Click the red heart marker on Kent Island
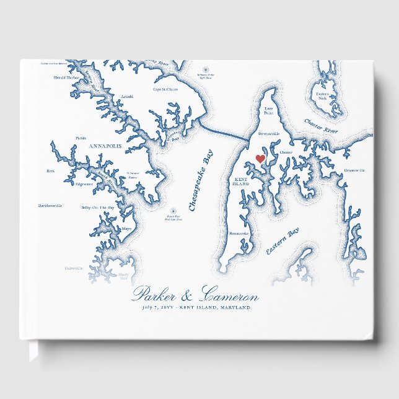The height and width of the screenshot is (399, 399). pyautogui.click(x=261, y=159)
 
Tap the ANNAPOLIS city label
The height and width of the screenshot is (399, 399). pyautogui.click(x=105, y=146)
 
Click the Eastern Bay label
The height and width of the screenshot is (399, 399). pyautogui.click(x=283, y=241)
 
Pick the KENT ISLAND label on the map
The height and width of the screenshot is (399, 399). pyautogui.click(x=240, y=182)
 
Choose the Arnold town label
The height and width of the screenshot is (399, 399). pyautogui.click(x=126, y=97)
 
